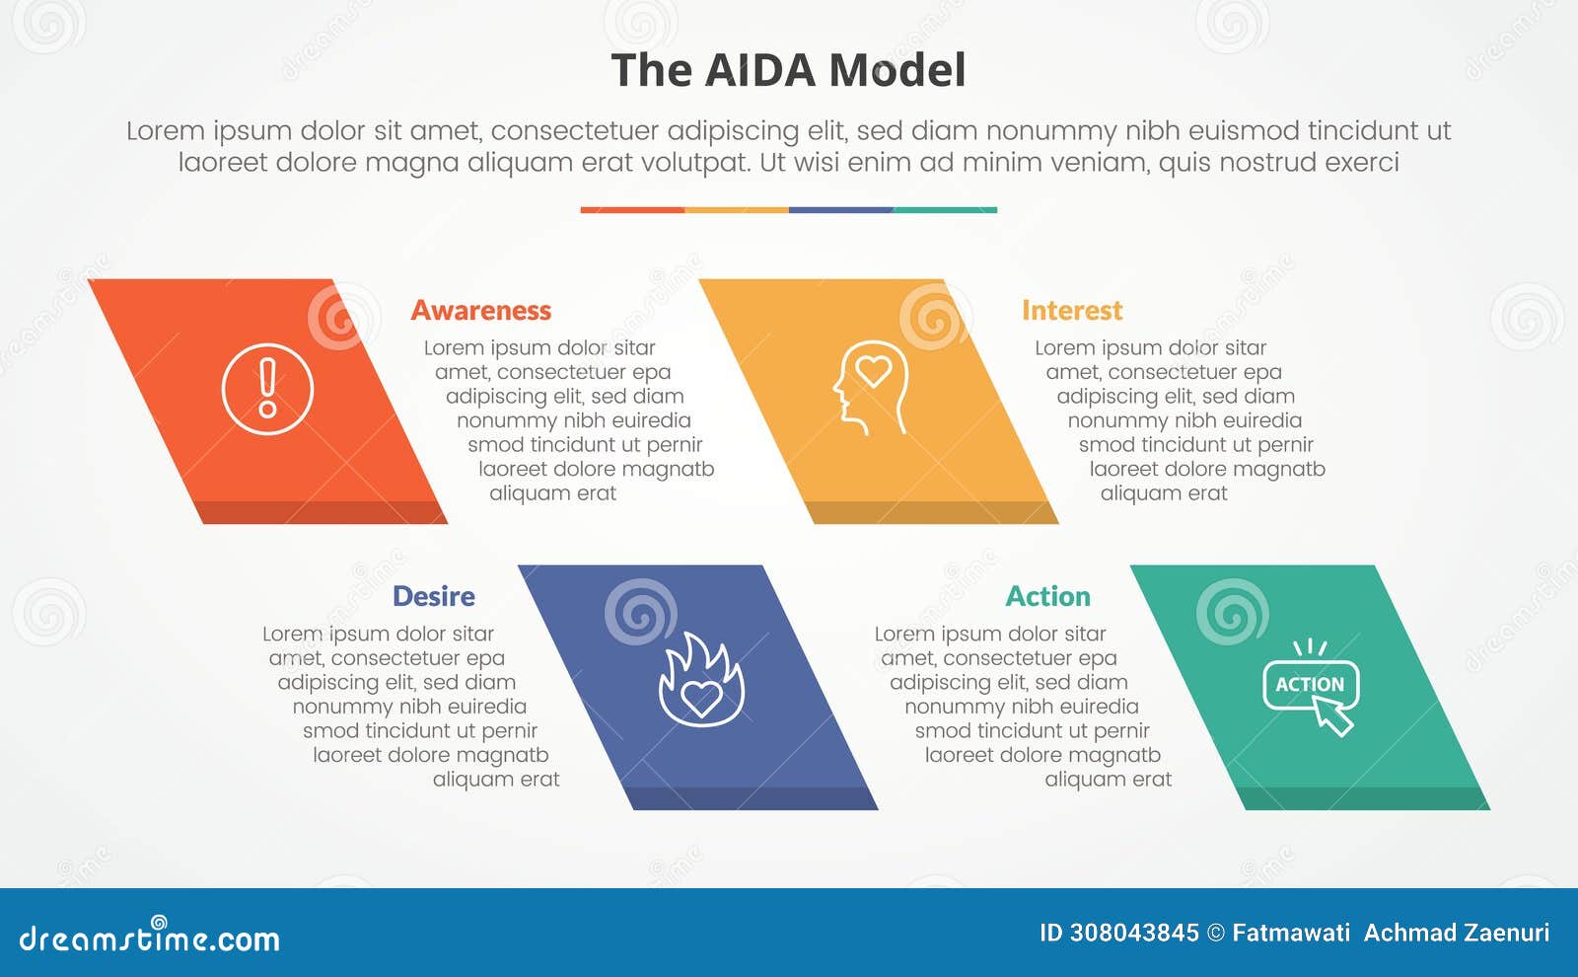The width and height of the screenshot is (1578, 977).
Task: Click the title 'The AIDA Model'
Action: [788, 70]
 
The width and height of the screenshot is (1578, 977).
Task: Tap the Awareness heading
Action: [480, 310]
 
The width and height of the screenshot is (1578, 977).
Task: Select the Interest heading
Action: [1071, 310]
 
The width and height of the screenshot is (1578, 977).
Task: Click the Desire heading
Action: [433, 596]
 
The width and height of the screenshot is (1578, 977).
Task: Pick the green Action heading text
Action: [1047, 596]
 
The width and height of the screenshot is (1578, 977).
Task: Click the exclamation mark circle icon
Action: [267, 389]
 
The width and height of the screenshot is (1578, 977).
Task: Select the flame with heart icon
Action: [701, 681]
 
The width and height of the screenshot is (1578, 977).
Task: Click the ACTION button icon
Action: [1310, 684]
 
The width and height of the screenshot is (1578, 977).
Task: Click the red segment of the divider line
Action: [632, 210]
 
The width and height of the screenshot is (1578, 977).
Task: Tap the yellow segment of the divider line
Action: [736, 210]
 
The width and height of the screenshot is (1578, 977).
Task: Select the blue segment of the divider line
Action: [840, 210]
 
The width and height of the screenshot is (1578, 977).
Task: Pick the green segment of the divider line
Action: [945, 210]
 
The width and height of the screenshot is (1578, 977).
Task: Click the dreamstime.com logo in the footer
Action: [149, 937]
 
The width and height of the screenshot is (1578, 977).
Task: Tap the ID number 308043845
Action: [1134, 933]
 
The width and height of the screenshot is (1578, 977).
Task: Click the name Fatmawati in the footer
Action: [1291, 933]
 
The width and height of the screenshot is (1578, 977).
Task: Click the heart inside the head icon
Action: [874, 371]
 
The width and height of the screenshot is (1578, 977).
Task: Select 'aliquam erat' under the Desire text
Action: [496, 780]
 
